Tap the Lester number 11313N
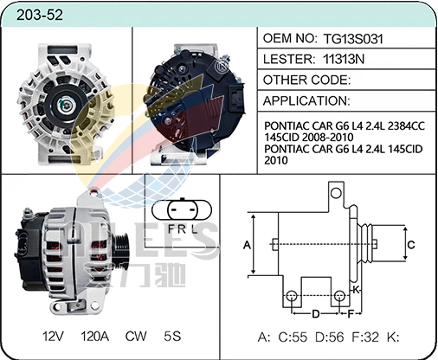[x=347, y=60]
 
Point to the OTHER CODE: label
[x=306, y=80]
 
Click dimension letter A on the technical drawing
[x=247, y=245]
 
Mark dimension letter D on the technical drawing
[x=317, y=313]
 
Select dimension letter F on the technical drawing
[x=351, y=313]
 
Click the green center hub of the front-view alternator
[x=65, y=106]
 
